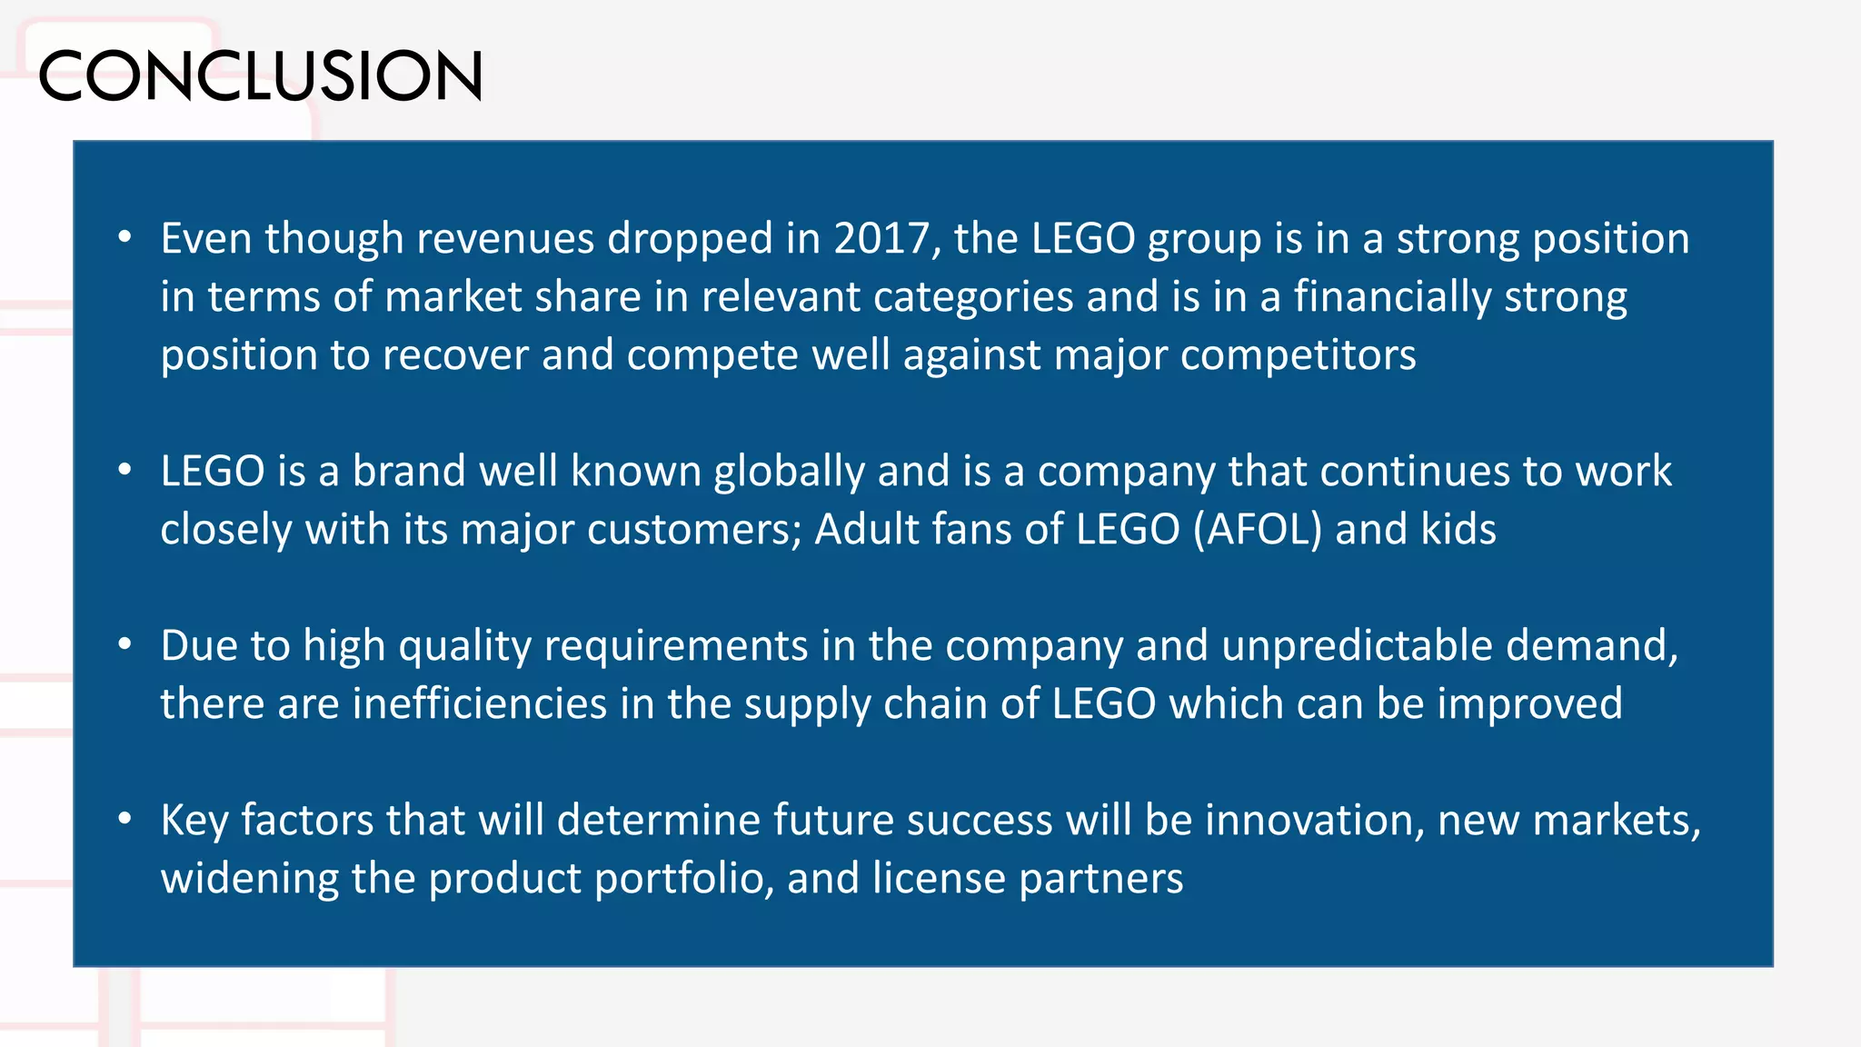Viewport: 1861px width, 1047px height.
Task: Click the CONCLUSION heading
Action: pyautogui.click(x=260, y=75)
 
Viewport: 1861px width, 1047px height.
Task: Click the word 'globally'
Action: pyautogui.click(x=789, y=472)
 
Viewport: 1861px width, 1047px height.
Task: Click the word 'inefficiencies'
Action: pyautogui.click(x=479, y=704)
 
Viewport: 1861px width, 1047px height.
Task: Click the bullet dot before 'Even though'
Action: pyautogui.click(x=124, y=238)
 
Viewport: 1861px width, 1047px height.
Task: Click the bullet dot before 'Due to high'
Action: pyautogui.click(x=124, y=645)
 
